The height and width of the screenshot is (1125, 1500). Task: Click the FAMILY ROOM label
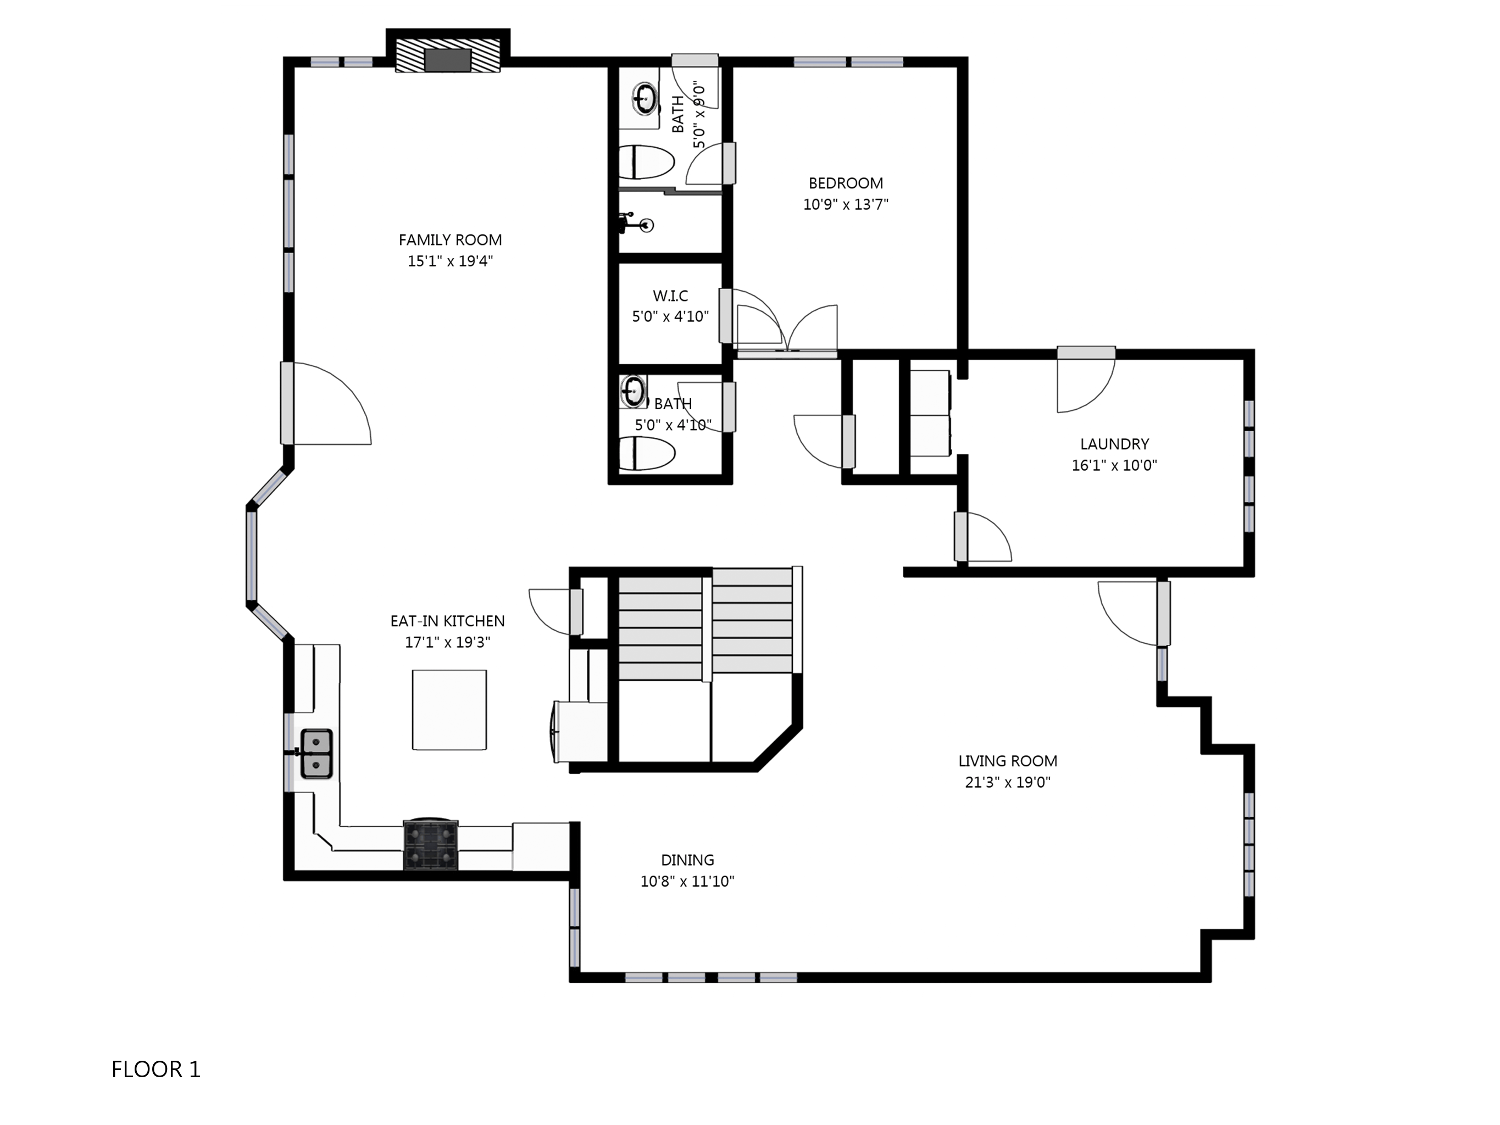point(450,240)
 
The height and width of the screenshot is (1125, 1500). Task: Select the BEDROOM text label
point(846,183)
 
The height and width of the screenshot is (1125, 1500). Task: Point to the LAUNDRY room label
point(1114,444)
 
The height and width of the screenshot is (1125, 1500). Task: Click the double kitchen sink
point(316,754)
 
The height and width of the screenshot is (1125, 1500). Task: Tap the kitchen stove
point(431,844)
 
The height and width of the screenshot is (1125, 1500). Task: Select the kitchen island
point(449,710)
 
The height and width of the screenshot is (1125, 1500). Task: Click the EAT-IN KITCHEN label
point(448,621)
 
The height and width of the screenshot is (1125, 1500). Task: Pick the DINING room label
point(687,860)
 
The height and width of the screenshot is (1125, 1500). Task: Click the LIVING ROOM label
point(1008,761)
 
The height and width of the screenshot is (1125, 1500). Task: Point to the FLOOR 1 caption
point(156,1070)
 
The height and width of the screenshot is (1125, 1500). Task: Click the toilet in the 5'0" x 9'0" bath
point(646,162)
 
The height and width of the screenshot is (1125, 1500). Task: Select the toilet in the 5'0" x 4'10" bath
point(647,454)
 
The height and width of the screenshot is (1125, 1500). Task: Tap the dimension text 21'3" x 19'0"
point(1008,782)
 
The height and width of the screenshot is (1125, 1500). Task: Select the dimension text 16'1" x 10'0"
point(1114,465)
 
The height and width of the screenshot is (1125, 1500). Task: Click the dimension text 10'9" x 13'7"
point(846,204)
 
